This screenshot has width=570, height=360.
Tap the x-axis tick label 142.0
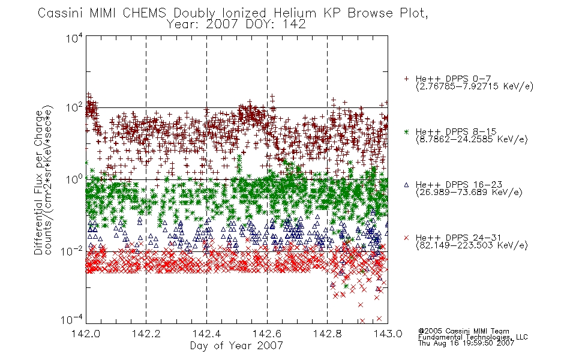86,334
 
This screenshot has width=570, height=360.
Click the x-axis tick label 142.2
146,334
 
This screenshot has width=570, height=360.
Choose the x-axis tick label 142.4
207,334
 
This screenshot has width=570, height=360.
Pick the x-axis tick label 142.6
267,334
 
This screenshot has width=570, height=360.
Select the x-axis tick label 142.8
327,334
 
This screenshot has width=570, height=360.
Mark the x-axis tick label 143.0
388,334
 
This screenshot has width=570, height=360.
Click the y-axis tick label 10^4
74,38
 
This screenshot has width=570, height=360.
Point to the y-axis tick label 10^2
74,107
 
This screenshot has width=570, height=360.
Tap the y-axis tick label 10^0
74,179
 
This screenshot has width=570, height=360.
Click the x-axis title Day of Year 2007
236,346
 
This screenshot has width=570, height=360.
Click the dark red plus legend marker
406,79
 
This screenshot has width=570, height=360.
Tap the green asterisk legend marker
406,131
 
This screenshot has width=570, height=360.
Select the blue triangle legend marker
406,185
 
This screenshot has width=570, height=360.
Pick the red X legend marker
406,238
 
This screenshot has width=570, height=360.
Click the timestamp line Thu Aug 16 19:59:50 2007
466,343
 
